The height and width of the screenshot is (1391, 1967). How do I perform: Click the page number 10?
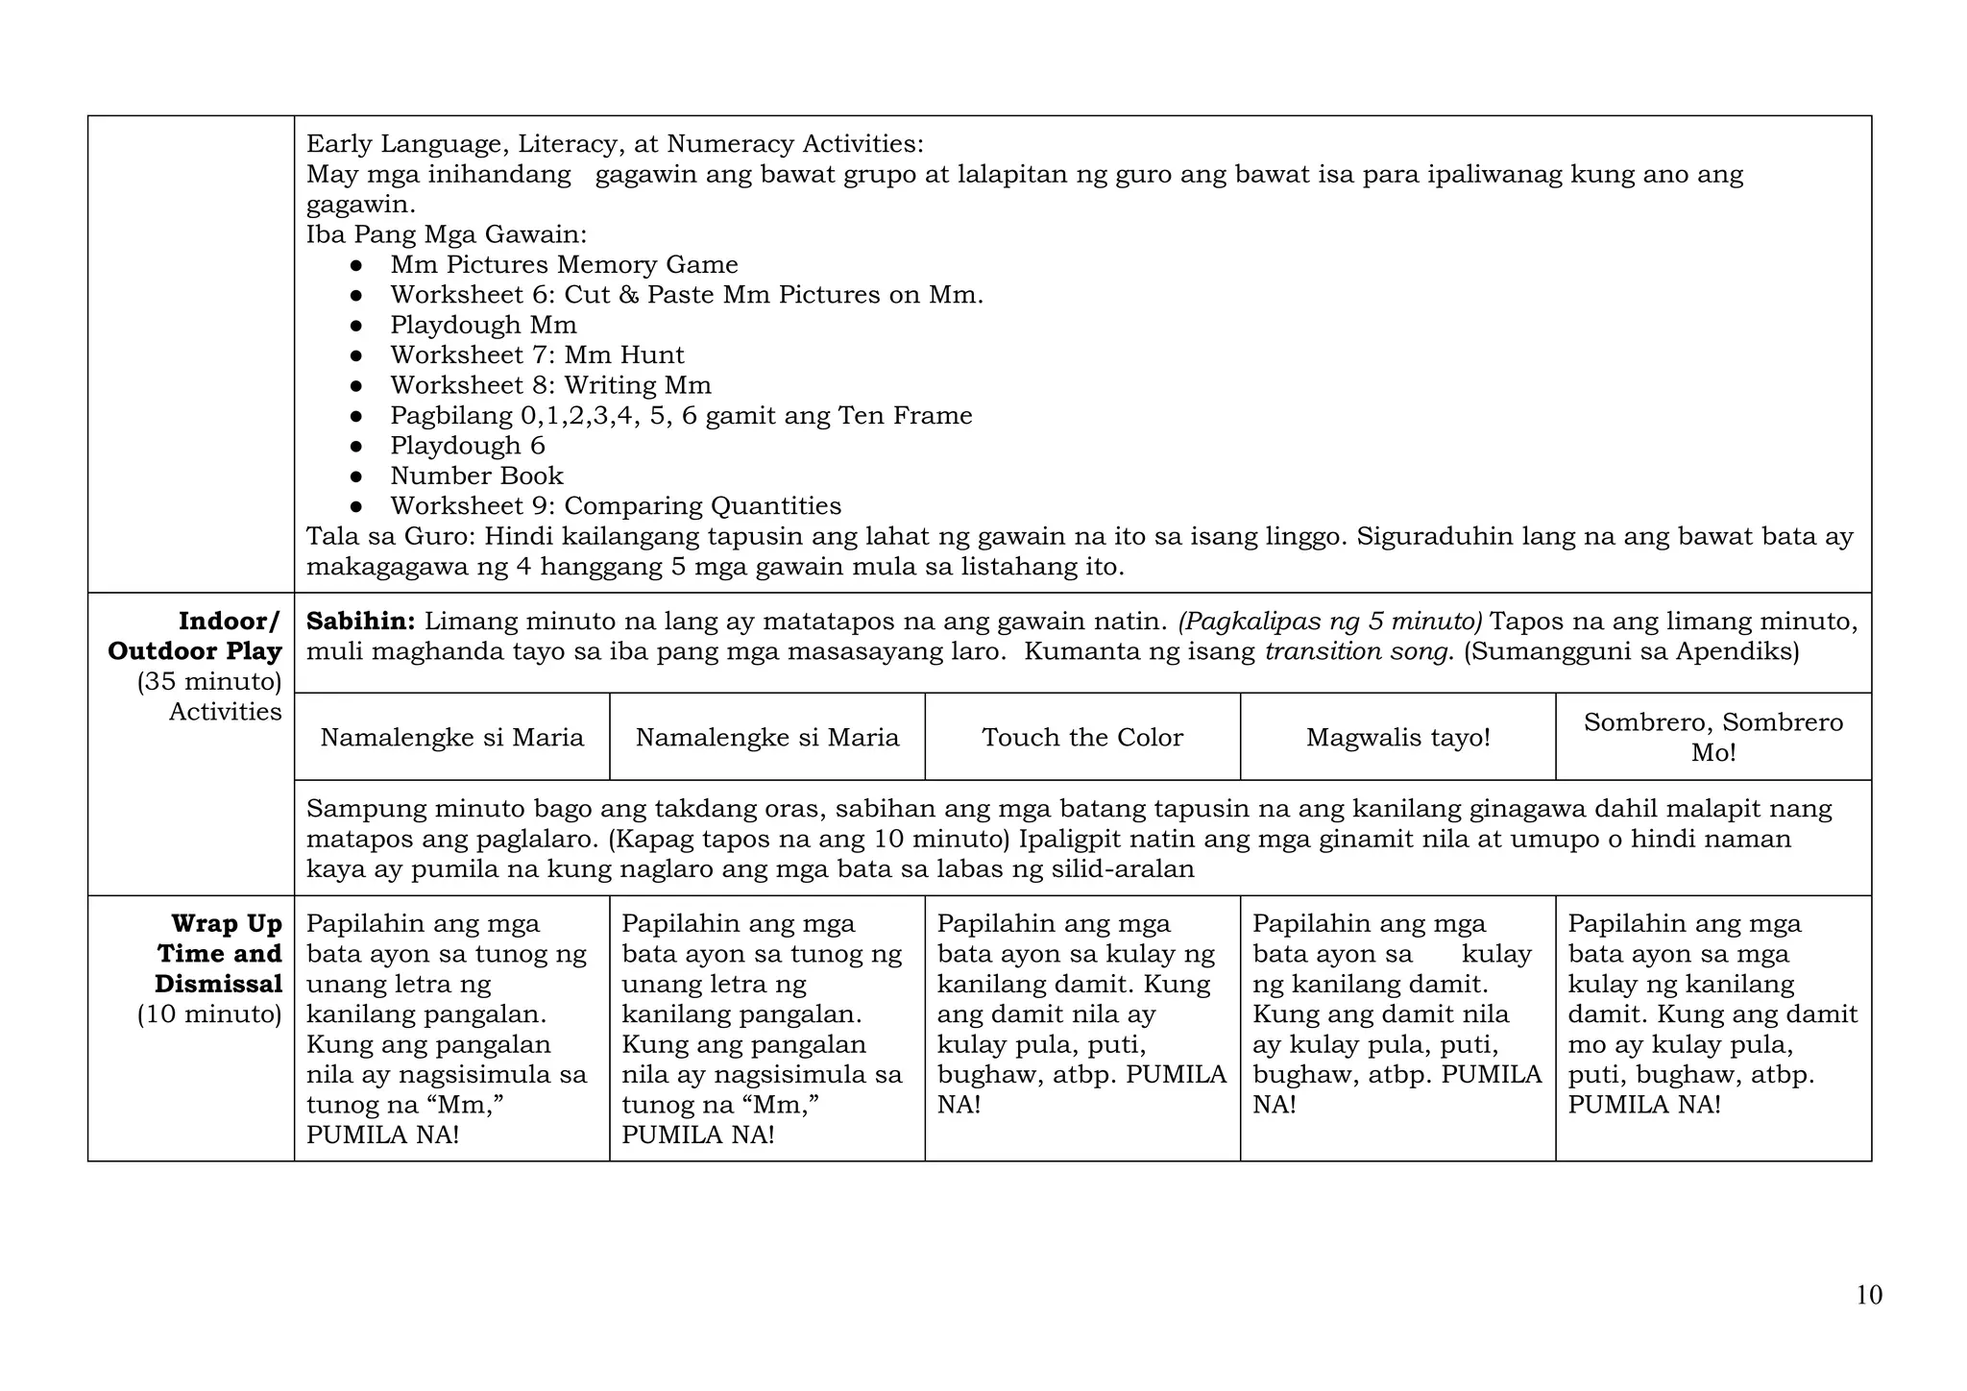(x=1868, y=1295)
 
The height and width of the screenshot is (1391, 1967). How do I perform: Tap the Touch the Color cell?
(x=1082, y=737)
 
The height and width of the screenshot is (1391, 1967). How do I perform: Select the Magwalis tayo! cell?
(x=1397, y=737)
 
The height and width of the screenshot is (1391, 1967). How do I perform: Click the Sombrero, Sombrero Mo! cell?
(x=1713, y=737)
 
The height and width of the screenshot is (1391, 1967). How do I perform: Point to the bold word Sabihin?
(x=360, y=622)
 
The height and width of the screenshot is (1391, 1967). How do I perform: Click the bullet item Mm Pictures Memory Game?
(x=564, y=265)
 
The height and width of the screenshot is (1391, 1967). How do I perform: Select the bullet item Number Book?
(x=476, y=476)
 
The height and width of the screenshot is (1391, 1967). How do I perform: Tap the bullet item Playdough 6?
(x=467, y=446)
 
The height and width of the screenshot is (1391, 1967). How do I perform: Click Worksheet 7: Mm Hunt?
(x=537, y=355)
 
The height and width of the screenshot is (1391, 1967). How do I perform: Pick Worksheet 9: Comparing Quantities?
(x=616, y=506)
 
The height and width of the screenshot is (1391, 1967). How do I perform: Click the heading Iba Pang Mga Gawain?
(x=447, y=234)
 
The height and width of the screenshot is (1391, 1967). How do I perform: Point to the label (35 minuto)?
(x=209, y=682)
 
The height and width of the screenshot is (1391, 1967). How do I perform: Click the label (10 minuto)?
(x=209, y=1014)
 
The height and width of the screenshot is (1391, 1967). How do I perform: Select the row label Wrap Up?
(x=227, y=924)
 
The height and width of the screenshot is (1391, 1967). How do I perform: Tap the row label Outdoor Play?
(x=195, y=651)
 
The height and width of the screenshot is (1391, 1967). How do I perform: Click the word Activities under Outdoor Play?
(x=225, y=712)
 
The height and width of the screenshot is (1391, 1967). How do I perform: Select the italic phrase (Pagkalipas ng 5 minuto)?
(x=1330, y=622)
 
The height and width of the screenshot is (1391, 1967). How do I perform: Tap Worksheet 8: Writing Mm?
(x=550, y=385)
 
